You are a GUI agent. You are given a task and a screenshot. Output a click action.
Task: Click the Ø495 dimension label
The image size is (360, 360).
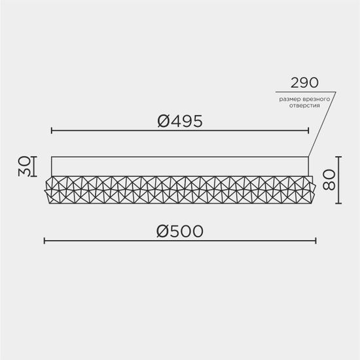point(180,120)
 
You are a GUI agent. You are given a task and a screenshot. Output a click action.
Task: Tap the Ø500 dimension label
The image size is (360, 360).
point(180,231)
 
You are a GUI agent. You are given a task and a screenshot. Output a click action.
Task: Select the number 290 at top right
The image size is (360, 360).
point(304,83)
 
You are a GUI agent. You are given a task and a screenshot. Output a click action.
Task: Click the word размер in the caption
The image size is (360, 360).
point(289,98)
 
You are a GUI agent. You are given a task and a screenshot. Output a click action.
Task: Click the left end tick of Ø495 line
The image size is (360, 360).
point(52,131)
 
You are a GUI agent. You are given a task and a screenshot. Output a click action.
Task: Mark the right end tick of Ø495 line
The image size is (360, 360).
point(309,131)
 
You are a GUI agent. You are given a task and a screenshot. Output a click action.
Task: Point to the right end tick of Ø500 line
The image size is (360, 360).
point(317,241)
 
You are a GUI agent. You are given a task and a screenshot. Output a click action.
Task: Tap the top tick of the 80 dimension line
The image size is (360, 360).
point(340,156)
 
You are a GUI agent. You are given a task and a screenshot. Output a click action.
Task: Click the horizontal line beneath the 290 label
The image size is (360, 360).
point(304,91)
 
